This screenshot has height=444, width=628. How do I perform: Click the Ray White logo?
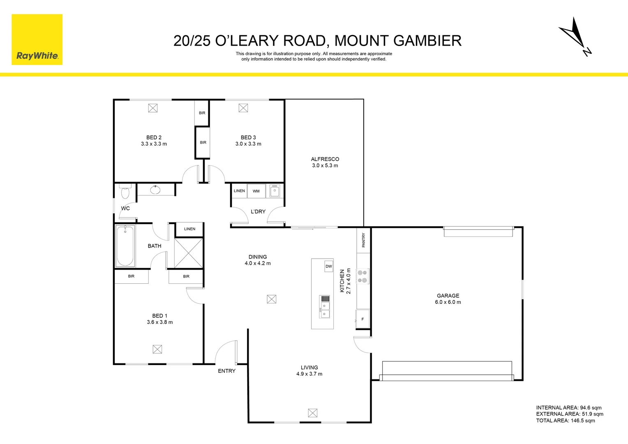coord(37,40)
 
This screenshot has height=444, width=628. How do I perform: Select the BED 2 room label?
coord(154,137)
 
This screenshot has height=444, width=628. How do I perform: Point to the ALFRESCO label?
coord(325,159)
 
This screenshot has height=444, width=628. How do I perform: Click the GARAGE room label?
coord(448,296)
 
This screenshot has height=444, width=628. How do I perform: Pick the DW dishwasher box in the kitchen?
coord(329,266)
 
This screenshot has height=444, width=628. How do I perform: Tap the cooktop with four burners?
coord(362,276)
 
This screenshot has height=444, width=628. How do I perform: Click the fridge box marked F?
coord(362,319)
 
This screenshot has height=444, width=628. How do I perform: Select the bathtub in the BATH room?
coord(125,246)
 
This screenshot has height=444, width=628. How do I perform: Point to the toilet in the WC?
coord(125,192)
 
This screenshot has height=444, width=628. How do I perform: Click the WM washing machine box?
coord(256,191)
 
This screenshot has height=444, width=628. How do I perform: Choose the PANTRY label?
coord(363,240)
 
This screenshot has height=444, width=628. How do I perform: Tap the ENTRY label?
coord(226,371)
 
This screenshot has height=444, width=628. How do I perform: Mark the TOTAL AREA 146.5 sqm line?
coord(565,421)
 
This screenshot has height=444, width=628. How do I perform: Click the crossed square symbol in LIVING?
coord(312,413)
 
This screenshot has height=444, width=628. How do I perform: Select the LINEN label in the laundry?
coord(239,191)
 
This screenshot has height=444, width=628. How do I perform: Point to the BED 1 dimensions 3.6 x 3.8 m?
coord(159,322)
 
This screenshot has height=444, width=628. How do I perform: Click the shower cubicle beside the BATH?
coord(189,253)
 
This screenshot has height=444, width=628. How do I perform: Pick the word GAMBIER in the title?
coord(427,41)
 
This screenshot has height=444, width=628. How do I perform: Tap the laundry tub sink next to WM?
coord(275,191)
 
